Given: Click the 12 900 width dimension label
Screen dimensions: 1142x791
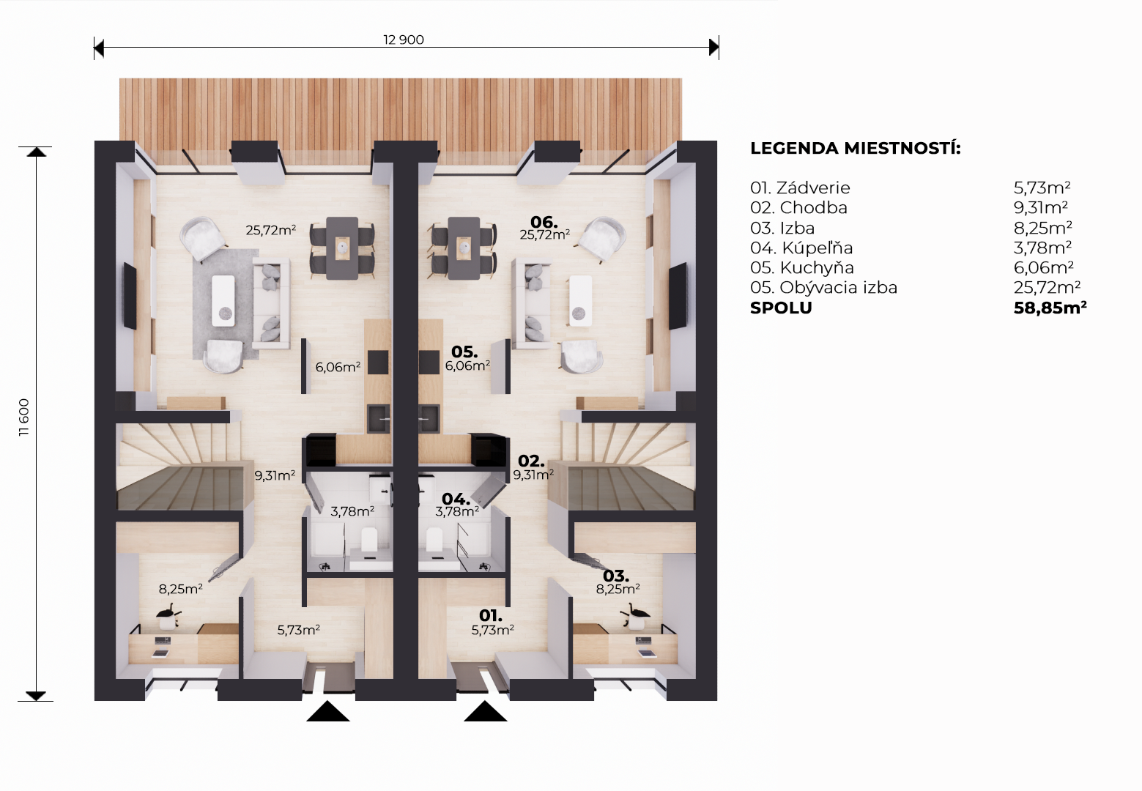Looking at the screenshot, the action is (404, 40).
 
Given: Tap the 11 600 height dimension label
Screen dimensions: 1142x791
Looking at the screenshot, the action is (24, 417).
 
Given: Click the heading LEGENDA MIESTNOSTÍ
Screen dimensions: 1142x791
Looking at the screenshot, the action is (855, 148).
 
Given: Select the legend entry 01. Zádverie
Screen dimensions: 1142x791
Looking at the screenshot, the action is (800, 188).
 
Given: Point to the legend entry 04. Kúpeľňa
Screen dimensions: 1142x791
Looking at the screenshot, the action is (801, 248).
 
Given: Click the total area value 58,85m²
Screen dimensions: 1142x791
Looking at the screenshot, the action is (1050, 308).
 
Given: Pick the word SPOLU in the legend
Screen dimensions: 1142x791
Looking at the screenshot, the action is (781, 308).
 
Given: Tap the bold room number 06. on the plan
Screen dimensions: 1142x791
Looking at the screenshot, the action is (544, 222).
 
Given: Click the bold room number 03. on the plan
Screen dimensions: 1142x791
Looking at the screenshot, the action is (616, 576).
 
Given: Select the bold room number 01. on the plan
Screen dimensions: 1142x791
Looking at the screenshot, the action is (491, 616).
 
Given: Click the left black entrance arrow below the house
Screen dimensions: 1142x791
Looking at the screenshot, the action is (328, 711).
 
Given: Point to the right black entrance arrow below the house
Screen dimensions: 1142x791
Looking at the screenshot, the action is (486, 711).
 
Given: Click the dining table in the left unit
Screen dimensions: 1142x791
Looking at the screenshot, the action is (342, 248).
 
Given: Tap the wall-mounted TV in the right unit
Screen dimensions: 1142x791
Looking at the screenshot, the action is (678, 296).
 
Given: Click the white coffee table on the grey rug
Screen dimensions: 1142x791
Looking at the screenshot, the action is (223, 301).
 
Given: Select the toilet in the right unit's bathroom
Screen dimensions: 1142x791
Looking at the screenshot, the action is (435, 539).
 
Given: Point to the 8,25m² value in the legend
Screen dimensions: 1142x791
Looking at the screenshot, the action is (1042, 228).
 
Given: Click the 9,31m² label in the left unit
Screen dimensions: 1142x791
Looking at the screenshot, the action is (275, 475).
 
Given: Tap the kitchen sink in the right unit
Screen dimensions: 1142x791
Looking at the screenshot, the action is (429, 418).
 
